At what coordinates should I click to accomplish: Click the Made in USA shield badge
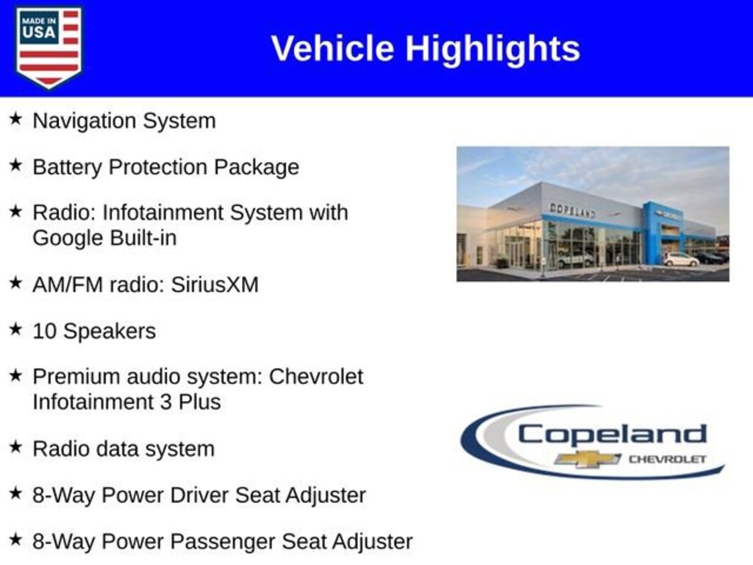49,47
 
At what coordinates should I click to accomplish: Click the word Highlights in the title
493,49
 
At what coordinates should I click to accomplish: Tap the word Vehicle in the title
333,48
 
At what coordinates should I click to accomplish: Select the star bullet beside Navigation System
15,118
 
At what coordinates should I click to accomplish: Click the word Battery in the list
67,168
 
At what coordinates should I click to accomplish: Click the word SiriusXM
215,285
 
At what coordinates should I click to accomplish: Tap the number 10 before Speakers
44,331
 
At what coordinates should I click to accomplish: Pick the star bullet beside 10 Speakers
15,329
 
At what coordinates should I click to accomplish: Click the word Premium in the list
76,377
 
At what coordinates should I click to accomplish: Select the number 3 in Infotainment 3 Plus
165,402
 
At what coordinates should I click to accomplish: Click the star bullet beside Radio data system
15,447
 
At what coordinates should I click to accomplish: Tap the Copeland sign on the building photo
572,210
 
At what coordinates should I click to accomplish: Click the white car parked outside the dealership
680,260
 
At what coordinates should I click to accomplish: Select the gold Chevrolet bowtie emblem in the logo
588,459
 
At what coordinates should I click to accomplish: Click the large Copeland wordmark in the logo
612,434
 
